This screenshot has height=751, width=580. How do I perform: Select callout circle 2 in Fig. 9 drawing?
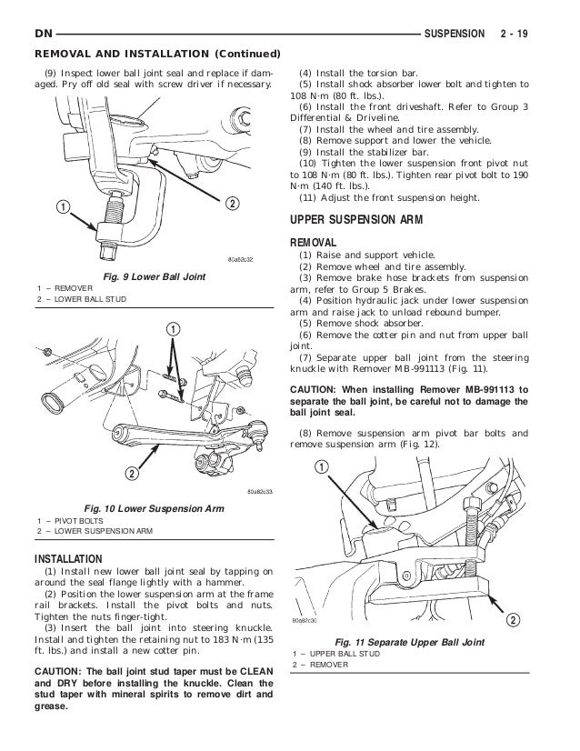coord(232,202)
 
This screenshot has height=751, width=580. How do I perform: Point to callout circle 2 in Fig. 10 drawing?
coord(131,475)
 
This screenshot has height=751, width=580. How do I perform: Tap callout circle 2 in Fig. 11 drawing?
coord(513,620)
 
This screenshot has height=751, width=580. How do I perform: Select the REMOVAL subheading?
coord(314,243)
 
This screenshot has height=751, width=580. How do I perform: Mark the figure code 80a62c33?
coord(259,492)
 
